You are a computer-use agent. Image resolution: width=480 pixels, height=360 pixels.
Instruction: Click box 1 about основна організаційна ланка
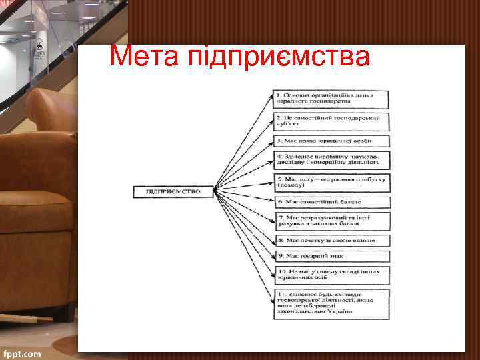(331, 99)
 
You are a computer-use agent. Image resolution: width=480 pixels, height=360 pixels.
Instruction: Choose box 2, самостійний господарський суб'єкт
(331, 121)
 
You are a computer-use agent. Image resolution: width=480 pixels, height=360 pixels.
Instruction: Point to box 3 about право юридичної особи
(331, 141)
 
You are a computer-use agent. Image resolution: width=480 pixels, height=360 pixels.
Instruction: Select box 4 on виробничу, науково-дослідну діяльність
(331, 160)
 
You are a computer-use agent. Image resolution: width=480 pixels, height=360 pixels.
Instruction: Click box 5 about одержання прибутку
(331, 181)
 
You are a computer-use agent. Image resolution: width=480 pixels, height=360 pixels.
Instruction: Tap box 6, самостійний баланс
(331, 201)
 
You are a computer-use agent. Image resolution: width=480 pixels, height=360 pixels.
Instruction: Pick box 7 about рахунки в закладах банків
(331, 221)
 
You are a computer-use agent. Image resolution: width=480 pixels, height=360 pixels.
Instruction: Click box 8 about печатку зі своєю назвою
(331, 240)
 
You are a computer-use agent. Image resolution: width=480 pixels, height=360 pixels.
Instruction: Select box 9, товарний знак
(331, 256)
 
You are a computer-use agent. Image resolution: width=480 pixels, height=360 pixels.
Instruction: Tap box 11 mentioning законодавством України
(331, 304)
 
